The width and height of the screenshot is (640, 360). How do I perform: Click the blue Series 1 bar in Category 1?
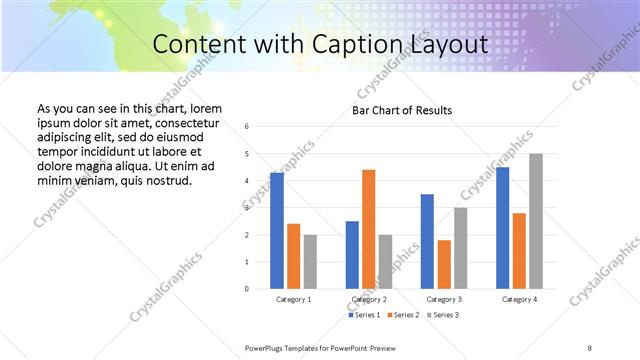point(277,231)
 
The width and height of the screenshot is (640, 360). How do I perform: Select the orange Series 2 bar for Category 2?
point(368,229)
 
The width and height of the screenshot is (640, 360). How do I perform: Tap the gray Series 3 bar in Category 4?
point(536,221)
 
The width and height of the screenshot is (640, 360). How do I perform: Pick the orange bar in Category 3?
point(444,264)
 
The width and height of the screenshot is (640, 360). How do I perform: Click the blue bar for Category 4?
point(502,228)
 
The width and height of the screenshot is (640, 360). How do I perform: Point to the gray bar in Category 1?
point(310,262)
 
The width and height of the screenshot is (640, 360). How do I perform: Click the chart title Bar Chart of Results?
point(401,110)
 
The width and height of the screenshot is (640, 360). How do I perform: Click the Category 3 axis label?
point(444,299)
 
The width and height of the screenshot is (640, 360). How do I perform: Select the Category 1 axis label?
point(293,299)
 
